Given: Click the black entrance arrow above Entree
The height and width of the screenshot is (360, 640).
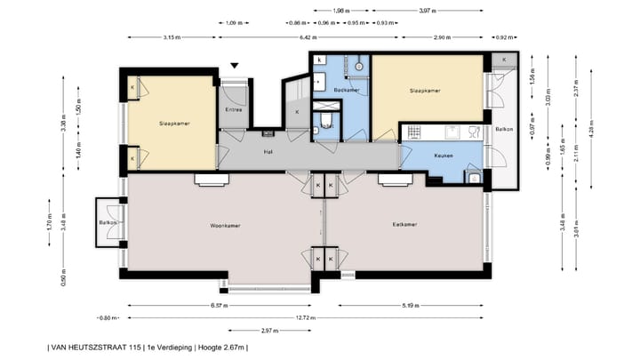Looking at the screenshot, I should [x=235, y=66].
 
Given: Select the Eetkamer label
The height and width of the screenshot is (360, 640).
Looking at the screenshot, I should [x=405, y=224].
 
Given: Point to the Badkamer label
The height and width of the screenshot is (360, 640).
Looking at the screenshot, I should [x=347, y=90].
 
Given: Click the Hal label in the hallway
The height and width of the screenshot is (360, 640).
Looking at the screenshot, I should [x=267, y=152].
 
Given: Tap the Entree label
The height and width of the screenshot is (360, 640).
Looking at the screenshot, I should [x=235, y=110].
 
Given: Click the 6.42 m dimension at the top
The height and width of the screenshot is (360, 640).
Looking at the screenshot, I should [x=308, y=37].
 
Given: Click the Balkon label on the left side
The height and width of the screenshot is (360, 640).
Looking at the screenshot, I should [x=106, y=222].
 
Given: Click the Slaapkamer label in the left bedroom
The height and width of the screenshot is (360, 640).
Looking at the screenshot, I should [x=174, y=123].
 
